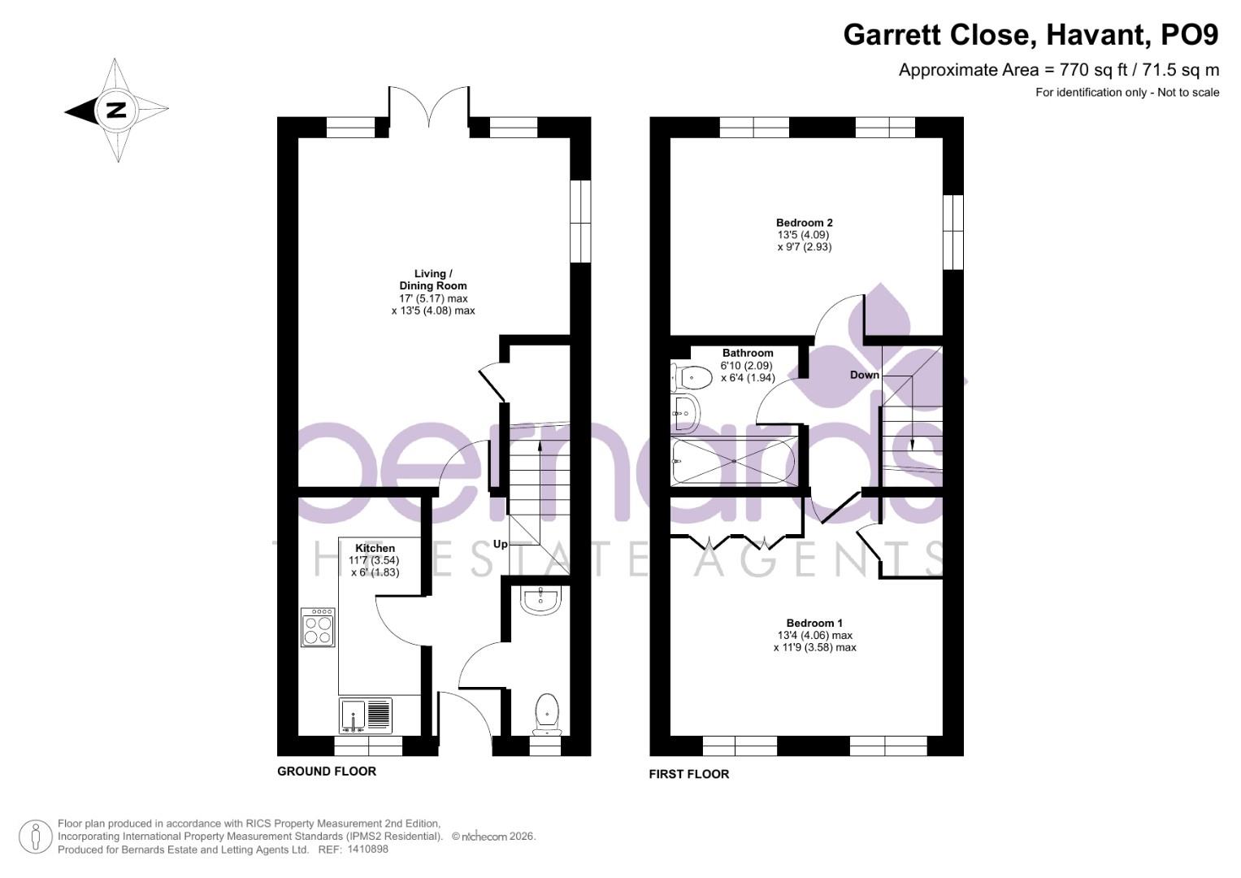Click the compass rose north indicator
coord(116,111)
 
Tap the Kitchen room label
coord(375,549)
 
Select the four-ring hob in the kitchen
coord(318,627)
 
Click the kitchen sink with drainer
coord(365,715)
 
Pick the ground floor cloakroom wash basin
coord(540,601)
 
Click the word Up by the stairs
coord(501,544)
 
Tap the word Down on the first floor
coord(865,375)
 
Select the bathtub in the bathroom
coord(733,461)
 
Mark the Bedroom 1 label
coord(814,624)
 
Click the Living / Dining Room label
coord(432,280)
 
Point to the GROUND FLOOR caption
coord(327,772)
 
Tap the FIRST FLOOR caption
coord(688,775)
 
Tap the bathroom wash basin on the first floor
coord(685,413)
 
